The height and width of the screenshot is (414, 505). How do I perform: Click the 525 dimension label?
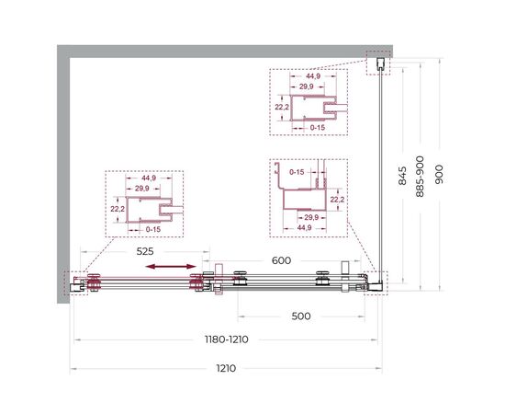(x=145, y=251)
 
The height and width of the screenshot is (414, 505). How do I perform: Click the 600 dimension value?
(x=281, y=260)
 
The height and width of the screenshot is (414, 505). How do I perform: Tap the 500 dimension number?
(x=301, y=316)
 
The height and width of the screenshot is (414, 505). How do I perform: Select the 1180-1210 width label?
(x=227, y=339)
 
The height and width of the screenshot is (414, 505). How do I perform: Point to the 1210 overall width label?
(x=226, y=368)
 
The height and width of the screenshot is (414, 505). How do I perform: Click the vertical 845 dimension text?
(x=402, y=176)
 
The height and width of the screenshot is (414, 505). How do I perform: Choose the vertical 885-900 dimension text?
(x=420, y=177)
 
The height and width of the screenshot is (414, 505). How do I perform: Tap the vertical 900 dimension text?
(x=439, y=175)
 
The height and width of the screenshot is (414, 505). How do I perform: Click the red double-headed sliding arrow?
(x=171, y=266)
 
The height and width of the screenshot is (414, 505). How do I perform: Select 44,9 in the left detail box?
(x=149, y=178)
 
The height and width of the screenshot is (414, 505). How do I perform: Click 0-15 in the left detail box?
(x=153, y=229)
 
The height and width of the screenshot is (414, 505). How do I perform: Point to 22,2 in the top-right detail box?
(x=282, y=108)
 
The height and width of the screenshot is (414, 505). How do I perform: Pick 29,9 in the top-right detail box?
(x=307, y=86)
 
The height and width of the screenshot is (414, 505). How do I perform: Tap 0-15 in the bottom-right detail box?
(x=297, y=172)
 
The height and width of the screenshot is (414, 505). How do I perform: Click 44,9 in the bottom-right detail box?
(x=304, y=228)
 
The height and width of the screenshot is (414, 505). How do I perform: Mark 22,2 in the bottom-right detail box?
(x=337, y=200)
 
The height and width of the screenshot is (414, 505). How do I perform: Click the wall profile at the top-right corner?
(x=380, y=63)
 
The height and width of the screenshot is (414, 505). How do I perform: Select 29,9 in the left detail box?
(x=142, y=189)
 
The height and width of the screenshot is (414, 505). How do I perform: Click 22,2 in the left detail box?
(x=118, y=209)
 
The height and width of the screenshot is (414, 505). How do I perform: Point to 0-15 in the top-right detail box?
(x=318, y=128)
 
